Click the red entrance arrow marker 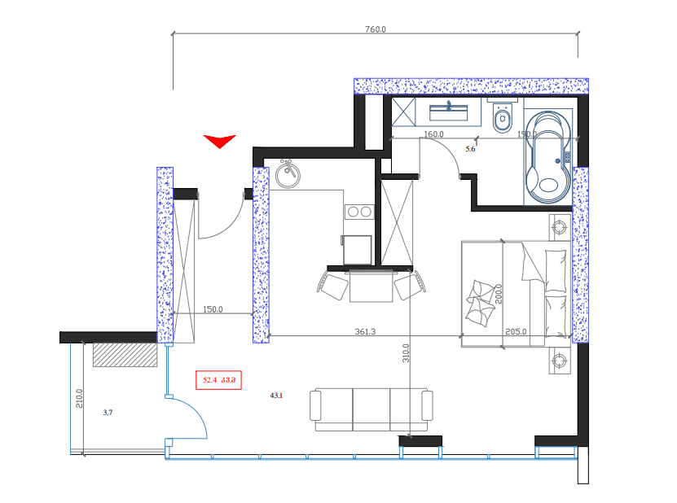(219, 141)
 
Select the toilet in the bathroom (502, 120)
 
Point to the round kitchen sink (287, 173)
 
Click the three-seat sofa (371, 409)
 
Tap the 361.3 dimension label (365, 331)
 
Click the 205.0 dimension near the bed (517, 331)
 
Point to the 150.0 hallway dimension (212, 309)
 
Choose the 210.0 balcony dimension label (79, 397)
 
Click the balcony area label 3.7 (108, 413)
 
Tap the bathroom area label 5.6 (470, 149)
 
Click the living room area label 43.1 (275, 396)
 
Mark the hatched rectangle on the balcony (124, 354)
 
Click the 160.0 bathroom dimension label (433, 134)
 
